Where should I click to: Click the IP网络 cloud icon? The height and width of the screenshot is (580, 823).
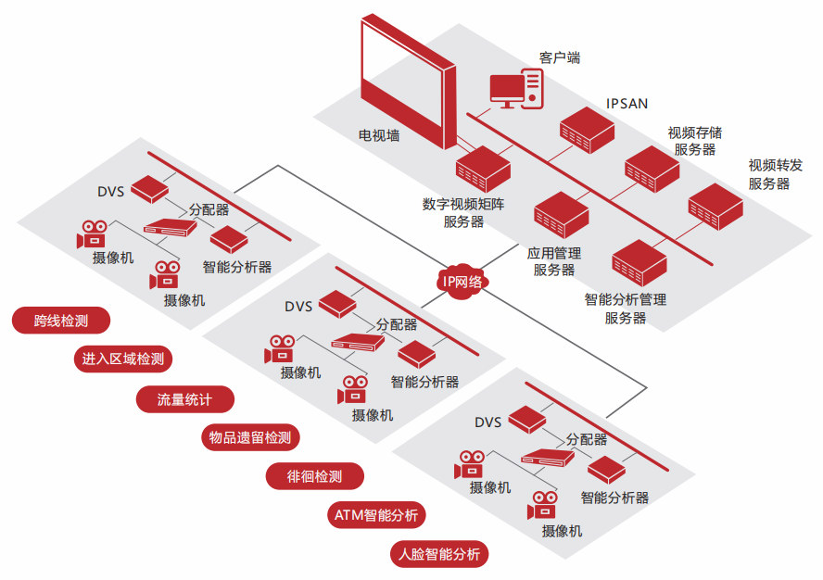[462, 281]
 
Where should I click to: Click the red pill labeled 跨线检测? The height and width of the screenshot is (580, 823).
[61, 322]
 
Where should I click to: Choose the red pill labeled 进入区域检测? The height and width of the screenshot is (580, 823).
[123, 359]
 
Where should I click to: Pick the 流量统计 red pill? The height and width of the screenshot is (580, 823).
[184, 399]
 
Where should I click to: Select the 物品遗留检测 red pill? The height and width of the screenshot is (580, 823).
[250, 437]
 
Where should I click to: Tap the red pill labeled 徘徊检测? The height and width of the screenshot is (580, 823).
[315, 477]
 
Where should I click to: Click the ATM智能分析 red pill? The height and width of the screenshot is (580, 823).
[377, 515]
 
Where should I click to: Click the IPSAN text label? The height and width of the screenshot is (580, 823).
[627, 103]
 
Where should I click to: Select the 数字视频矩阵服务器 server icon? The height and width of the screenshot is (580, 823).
[483, 170]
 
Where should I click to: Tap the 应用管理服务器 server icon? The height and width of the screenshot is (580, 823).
[561, 215]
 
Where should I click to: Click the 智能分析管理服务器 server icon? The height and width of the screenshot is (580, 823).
[639, 262]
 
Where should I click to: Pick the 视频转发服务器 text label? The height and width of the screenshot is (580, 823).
[769, 174]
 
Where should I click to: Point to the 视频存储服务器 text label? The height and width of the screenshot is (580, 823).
[695, 140]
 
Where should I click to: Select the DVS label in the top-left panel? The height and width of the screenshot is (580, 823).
[110, 192]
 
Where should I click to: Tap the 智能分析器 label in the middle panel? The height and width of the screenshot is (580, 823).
[424, 381]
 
